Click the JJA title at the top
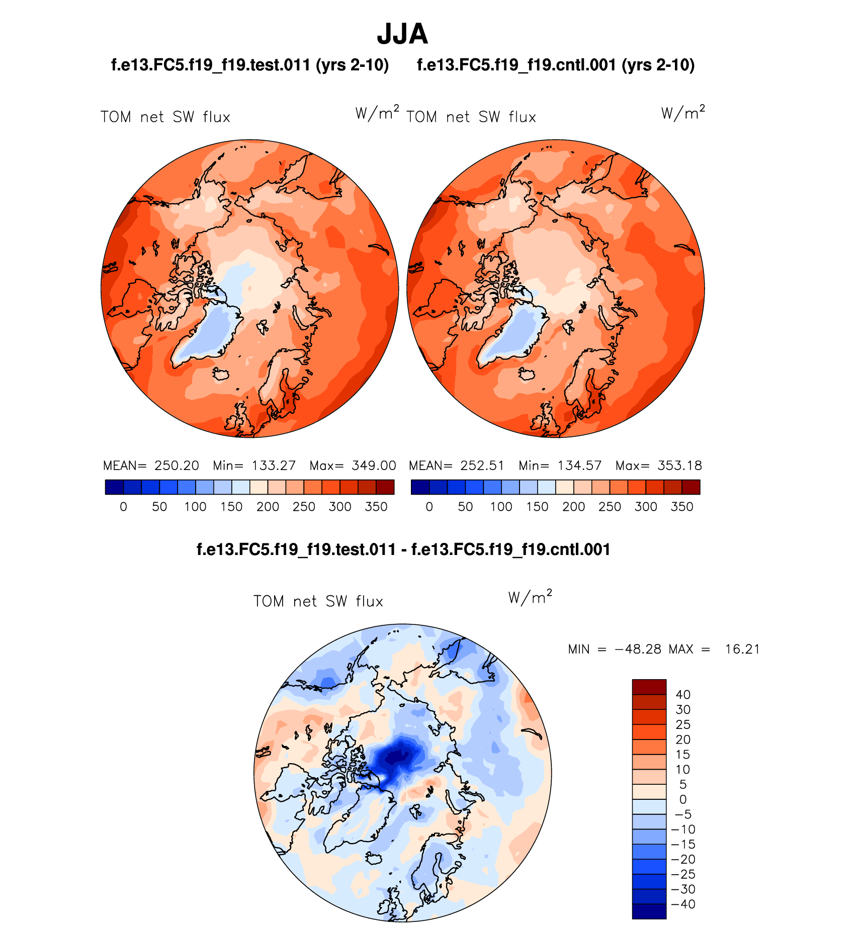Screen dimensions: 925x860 tap(402, 34)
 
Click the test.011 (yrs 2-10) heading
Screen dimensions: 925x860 tap(250, 65)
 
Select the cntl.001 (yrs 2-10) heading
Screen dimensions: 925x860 tap(556, 65)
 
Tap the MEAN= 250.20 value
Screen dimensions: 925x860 tap(151, 466)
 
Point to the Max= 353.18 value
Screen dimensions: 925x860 tap(658, 466)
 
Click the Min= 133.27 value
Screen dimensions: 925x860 tap(254, 466)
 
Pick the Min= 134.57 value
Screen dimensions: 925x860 tap(560, 466)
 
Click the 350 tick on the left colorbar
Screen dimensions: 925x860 tap(376, 507)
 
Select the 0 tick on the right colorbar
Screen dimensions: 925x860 tap(429, 507)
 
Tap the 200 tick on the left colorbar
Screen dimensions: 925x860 tap(268, 507)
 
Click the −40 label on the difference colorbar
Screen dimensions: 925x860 tap(683, 904)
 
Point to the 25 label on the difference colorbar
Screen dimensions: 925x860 tap(683, 725)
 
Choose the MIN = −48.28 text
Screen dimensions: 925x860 tap(614, 650)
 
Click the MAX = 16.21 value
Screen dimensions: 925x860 tap(714, 650)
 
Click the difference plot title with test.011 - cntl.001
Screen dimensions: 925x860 tap(403, 549)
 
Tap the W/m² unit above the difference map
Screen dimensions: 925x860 tap(530, 597)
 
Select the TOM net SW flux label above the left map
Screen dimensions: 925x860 tap(165, 117)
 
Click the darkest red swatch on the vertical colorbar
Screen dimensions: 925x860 tap(649, 687)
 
